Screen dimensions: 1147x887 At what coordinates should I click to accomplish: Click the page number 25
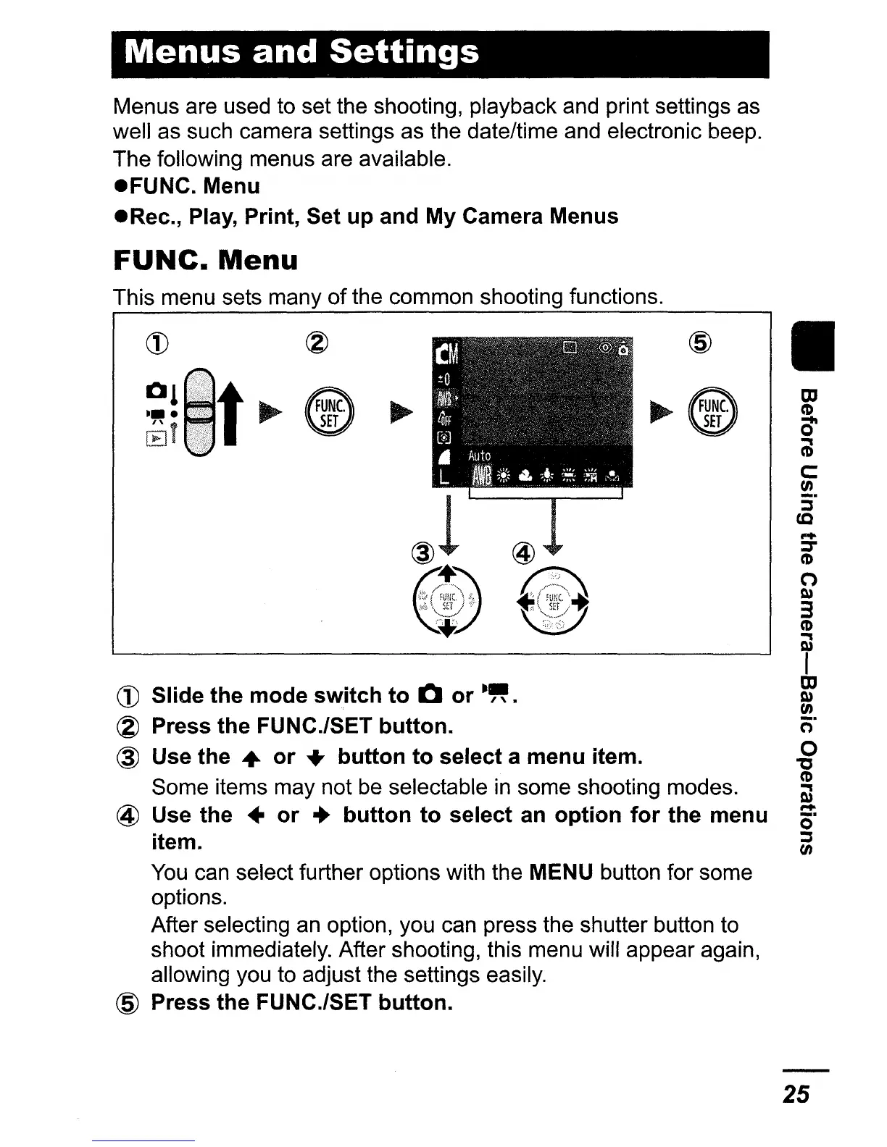[x=796, y=1093]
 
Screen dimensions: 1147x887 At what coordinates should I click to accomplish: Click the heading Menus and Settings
[x=301, y=53]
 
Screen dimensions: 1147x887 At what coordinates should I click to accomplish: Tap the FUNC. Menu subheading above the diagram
[x=206, y=260]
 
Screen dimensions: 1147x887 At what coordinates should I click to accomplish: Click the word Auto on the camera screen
[x=479, y=455]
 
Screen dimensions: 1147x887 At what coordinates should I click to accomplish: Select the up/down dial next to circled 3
[x=448, y=602]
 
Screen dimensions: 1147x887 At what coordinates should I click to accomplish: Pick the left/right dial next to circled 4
[x=553, y=602]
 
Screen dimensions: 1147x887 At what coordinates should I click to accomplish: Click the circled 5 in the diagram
[x=703, y=343]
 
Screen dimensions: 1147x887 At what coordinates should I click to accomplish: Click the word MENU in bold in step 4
[x=562, y=872]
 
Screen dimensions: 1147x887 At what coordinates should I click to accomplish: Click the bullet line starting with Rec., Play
[x=366, y=216]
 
